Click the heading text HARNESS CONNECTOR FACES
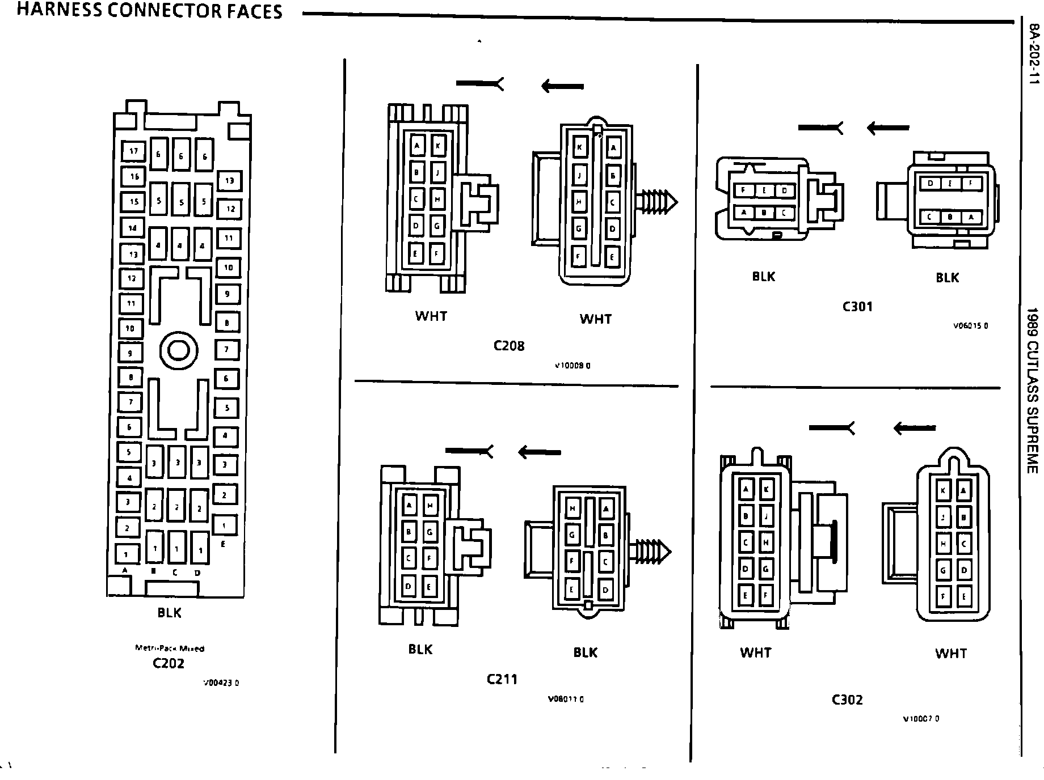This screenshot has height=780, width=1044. coord(149,11)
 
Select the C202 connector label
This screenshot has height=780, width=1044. coord(169,663)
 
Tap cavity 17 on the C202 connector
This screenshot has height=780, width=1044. coord(134,151)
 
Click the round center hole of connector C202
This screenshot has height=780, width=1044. coord(179,351)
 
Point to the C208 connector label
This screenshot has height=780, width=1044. coord(509,346)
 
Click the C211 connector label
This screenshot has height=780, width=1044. coord(502,679)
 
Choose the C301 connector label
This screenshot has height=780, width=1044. coord(857,307)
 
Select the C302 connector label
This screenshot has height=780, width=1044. coord(847,700)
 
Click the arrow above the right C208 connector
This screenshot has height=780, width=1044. coord(562,86)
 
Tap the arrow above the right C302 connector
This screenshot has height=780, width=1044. coord(915,428)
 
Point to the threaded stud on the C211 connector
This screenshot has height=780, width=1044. coord(651,551)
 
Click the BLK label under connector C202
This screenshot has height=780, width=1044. coord(169,613)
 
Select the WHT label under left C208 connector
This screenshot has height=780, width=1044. coord(431,316)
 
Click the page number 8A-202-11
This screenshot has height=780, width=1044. coord(1034,54)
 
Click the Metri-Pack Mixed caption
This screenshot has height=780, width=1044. coord(170,648)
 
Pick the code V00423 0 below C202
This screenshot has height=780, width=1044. coord(221,683)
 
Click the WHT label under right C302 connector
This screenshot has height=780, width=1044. coord(950,654)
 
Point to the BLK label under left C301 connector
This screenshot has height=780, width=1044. coord(763,277)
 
